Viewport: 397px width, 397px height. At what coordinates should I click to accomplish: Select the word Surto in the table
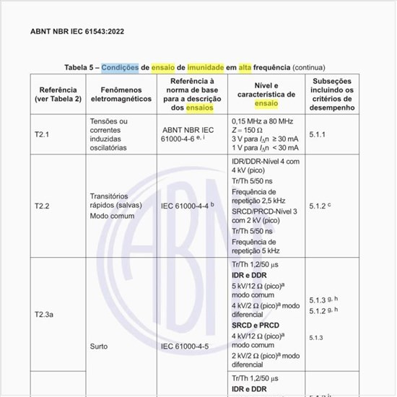click(99, 346)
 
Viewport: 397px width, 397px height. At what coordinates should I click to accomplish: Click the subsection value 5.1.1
click(317, 134)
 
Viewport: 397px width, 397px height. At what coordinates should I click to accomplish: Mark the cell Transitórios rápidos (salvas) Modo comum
click(115, 206)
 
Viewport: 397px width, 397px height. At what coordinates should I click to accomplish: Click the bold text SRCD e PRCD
click(252, 325)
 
